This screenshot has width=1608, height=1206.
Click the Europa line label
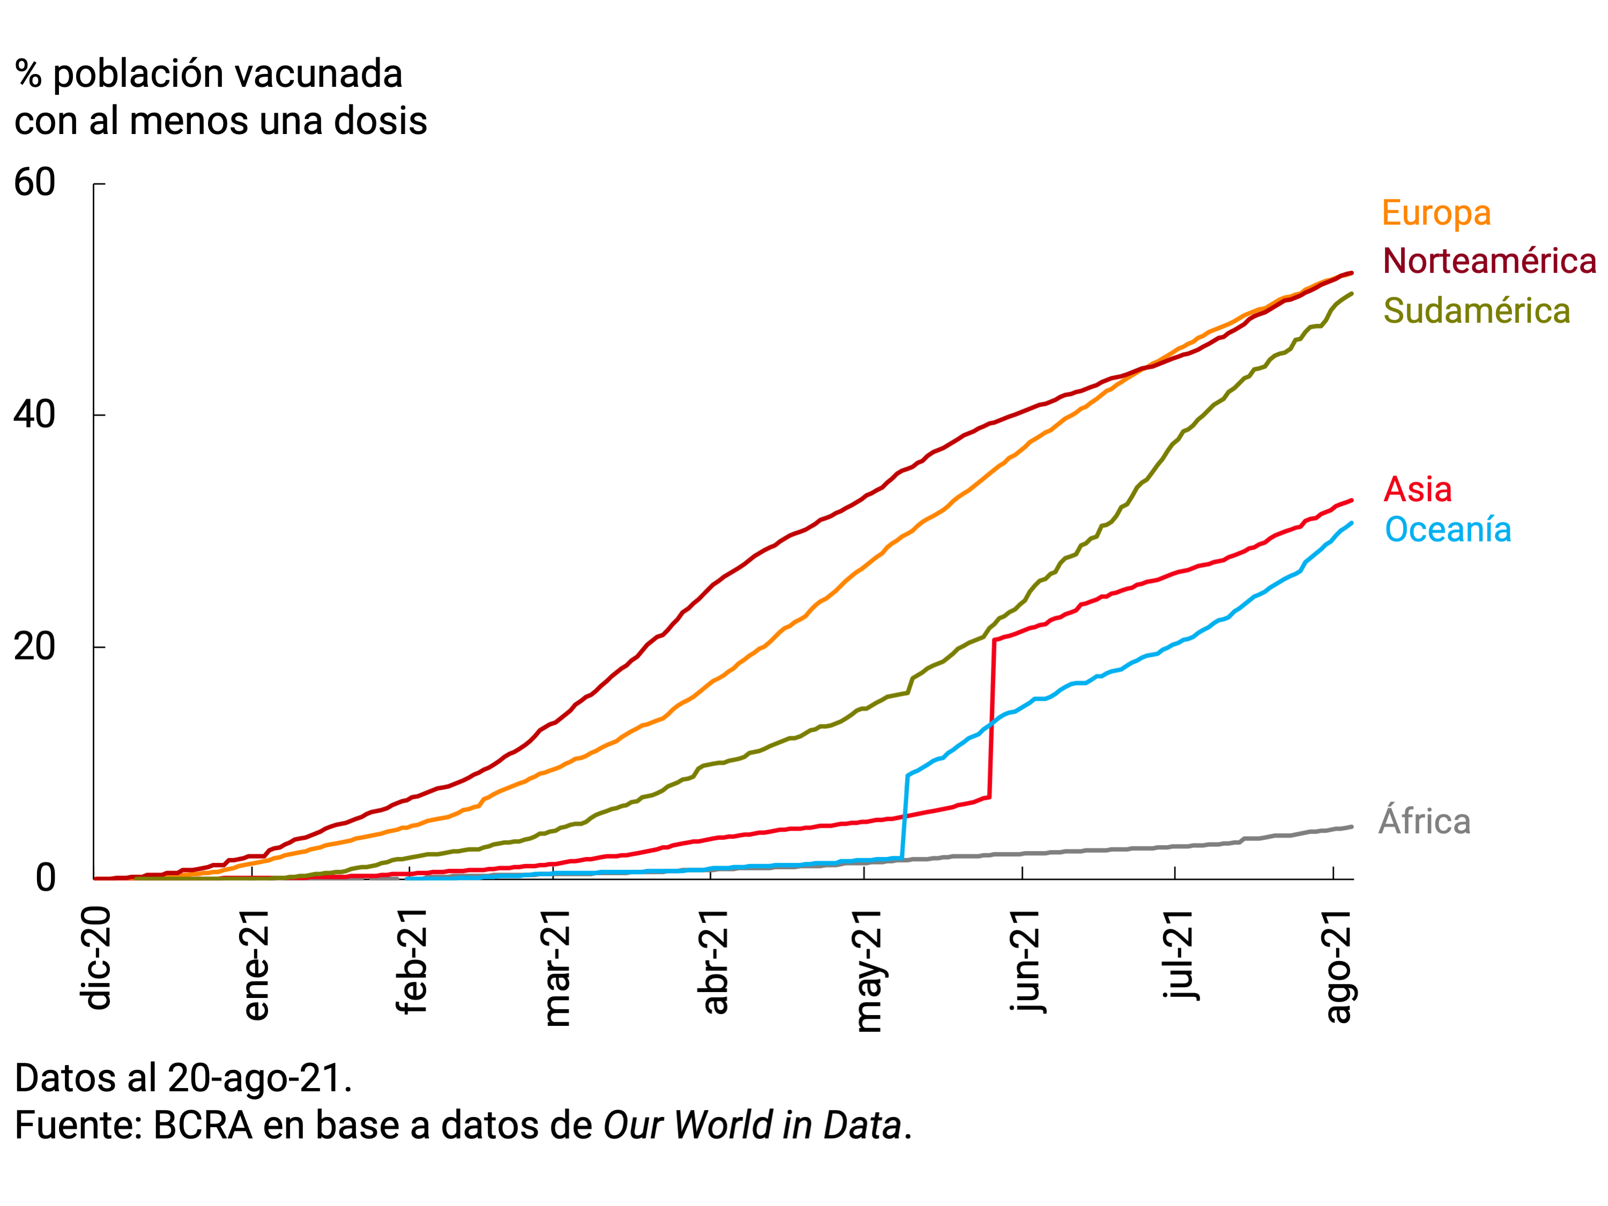[1436, 214]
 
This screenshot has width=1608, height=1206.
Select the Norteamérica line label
[1489, 261]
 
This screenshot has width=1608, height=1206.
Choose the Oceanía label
[1447, 529]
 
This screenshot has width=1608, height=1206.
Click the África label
[1424, 822]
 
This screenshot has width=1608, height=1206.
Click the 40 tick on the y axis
[35, 415]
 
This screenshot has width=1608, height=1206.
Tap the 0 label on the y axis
[45, 878]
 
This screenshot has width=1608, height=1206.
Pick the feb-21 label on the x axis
[411, 961]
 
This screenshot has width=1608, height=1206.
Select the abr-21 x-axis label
[715, 961]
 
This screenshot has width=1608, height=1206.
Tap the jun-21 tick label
[1026, 961]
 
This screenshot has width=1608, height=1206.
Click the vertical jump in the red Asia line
[991, 720]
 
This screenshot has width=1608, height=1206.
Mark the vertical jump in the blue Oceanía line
[905, 818]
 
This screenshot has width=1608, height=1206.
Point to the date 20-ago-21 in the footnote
[255, 1078]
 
